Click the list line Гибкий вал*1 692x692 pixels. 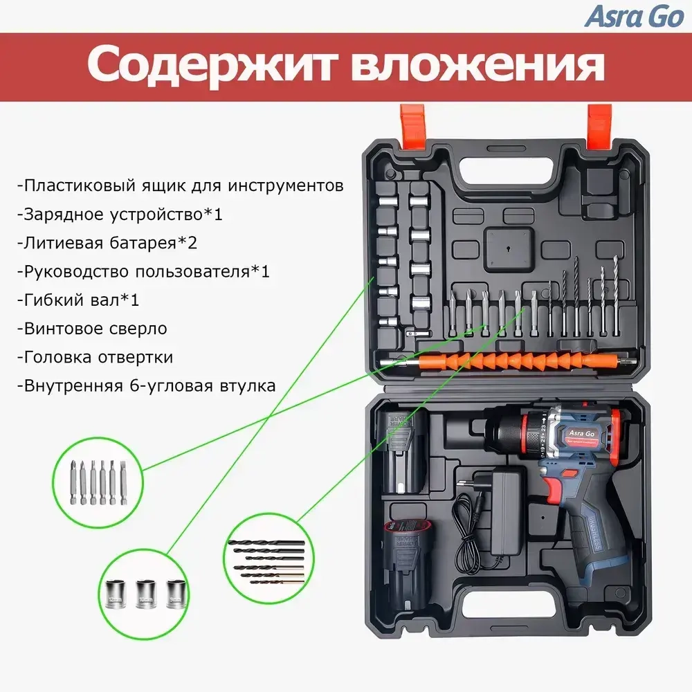[80, 300]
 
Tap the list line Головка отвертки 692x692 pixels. [96, 357]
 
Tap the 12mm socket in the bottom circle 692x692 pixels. [114, 593]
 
